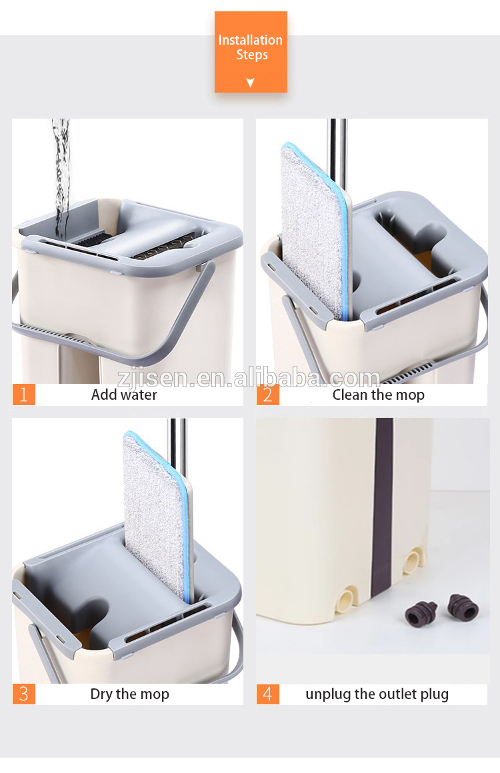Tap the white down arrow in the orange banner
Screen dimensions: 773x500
[251, 83]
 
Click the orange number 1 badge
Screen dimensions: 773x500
[23, 394]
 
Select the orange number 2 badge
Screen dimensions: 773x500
[267, 394]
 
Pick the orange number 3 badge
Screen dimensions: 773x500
[23, 694]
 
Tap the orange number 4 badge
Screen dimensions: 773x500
[267, 694]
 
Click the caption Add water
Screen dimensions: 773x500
[124, 394]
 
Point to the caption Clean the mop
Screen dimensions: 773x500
[378, 394]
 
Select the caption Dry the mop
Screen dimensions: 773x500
[129, 694]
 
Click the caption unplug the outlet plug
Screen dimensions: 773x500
[377, 694]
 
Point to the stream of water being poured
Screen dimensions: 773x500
[61, 173]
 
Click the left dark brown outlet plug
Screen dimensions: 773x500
[421, 613]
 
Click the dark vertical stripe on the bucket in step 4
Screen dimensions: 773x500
[383, 506]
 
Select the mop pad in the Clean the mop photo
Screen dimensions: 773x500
[311, 227]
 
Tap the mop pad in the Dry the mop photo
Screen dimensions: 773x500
[155, 513]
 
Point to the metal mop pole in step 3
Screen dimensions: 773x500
[177, 443]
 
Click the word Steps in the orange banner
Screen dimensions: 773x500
[251, 55]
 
